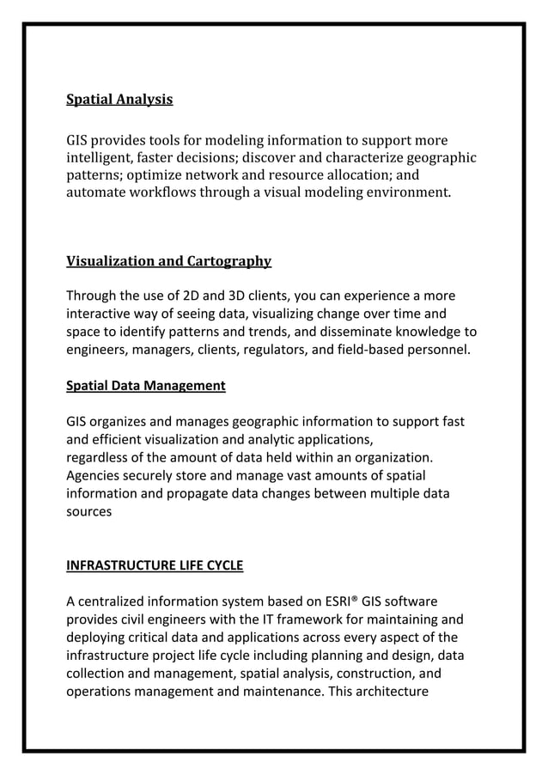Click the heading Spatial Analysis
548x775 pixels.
pos(119,100)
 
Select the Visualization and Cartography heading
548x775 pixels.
pos(168,261)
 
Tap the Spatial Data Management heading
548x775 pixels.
pos(145,386)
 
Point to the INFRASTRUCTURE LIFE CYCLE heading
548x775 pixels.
pos(155,565)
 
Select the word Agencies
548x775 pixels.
pos(95,476)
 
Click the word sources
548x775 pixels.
pos(88,512)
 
